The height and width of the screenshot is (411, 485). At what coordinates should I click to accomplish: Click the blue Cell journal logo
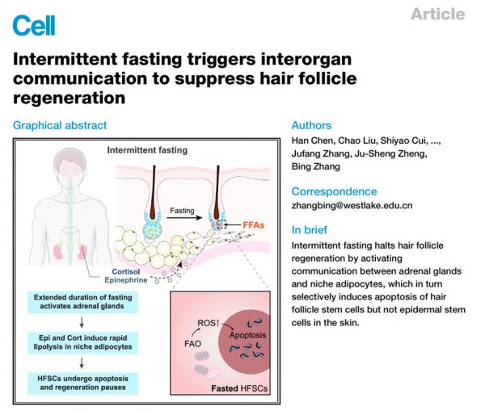point(34,26)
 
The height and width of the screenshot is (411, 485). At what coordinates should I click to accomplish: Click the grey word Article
point(437,15)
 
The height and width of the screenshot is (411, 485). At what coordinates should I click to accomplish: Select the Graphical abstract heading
point(60,125)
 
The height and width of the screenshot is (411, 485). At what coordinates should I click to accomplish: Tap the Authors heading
point(311,125)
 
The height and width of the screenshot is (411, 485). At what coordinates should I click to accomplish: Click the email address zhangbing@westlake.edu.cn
point(352,205)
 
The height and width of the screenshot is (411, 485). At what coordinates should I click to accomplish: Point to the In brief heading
point(309,230)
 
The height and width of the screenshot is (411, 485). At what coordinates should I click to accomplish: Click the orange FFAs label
point(253,225)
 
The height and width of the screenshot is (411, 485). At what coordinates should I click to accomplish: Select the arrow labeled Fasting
point(184,217)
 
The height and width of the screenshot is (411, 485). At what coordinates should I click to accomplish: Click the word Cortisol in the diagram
point(126,271)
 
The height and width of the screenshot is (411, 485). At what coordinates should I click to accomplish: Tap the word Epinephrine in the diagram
point(126,280)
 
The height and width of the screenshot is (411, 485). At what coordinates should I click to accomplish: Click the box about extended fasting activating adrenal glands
point(83,302)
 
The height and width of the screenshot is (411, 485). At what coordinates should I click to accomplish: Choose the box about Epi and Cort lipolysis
point(83,342)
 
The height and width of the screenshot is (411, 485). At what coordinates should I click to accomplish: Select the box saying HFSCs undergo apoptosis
point(83,384)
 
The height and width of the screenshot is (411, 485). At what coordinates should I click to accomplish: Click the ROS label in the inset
point(206,323)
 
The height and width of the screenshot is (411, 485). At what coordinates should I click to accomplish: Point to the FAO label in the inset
point(192,344)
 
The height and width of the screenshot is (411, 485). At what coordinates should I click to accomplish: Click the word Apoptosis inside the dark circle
point(247,335)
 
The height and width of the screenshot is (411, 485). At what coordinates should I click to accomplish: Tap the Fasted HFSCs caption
point(239,388)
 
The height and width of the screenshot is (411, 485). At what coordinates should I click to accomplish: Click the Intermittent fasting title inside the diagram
point(147,150)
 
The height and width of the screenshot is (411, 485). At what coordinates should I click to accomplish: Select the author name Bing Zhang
point(316,166)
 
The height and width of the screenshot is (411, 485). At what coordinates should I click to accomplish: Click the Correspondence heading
point(334,191)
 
